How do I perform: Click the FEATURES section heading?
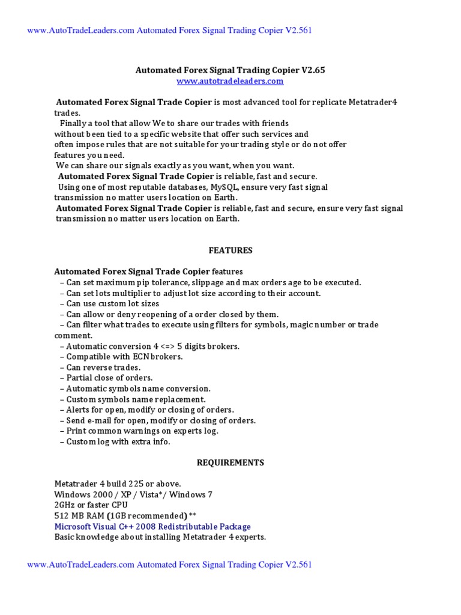point(230,250)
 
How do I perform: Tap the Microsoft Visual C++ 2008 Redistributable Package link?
point(152,526)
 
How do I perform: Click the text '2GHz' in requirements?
point(65,505)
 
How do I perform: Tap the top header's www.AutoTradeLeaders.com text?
point(81,31)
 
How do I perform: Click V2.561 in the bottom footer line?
point(299,565)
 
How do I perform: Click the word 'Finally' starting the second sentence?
point(72,123)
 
